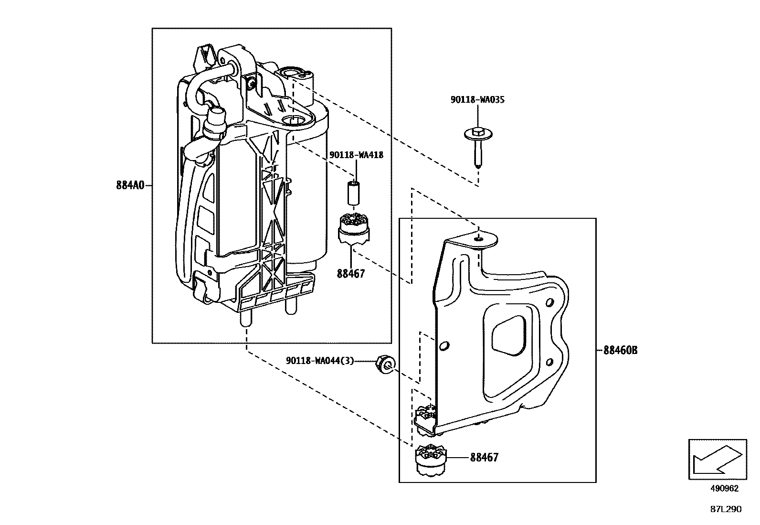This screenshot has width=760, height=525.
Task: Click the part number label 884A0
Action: click(x=129, y=185)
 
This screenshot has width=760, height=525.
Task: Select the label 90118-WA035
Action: click(x=477, y=100)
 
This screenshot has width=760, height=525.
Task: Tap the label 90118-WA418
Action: click(x=356, y=155)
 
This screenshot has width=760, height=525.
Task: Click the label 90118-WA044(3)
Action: click(x=320, y=361)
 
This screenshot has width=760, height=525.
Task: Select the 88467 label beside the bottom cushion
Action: click(x=484, y=458)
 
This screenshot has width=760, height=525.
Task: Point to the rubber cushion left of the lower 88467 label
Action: click(x=431, y=460)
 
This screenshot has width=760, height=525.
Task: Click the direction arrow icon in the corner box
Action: click(x=717, y=459)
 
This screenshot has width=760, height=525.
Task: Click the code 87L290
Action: click(x=726, y=509)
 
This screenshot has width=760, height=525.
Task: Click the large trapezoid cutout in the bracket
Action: click(x=510, y=336)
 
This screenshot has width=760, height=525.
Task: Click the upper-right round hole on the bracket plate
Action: click(x=549, y=302)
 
